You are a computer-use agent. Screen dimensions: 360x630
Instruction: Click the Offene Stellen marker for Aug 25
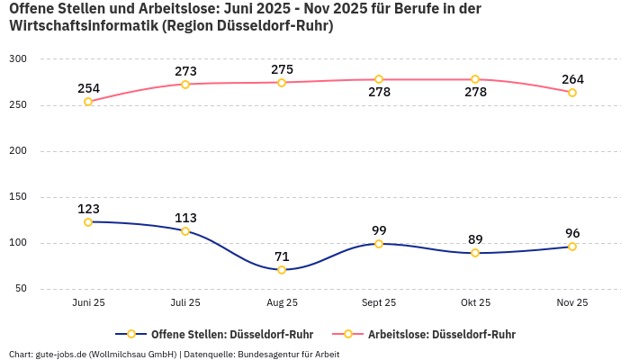tap(282, 270)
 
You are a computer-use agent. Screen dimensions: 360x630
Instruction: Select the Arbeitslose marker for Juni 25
tap(88, 102)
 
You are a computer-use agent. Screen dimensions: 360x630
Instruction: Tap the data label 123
tap(88, 209)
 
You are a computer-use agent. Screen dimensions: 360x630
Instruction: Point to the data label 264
tap(572, 79)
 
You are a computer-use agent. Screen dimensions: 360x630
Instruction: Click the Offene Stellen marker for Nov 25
tap(572, 247)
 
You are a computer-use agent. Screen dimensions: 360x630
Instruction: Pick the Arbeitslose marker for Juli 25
tap(185, 85)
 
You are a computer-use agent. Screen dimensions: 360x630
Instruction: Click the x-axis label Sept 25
tap(379, 303)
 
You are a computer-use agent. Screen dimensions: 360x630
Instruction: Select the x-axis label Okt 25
tap(475, 303)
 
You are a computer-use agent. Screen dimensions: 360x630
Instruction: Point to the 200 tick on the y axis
tap(19, 151)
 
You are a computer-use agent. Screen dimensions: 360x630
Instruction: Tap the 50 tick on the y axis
tap(22, 289)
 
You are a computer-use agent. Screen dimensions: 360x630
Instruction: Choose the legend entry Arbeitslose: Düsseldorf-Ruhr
tap(431, 334)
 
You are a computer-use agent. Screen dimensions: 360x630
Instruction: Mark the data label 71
tap(282, 256)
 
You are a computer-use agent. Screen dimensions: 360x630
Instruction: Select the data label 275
tap(282, 69)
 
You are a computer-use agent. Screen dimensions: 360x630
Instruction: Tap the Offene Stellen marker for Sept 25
tap(379, 244)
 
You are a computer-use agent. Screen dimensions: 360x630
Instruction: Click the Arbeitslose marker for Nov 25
tap(572, 93)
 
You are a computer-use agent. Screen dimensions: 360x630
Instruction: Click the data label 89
tap(475, 239)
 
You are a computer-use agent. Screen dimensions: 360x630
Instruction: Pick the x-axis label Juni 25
tap(88, 303)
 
